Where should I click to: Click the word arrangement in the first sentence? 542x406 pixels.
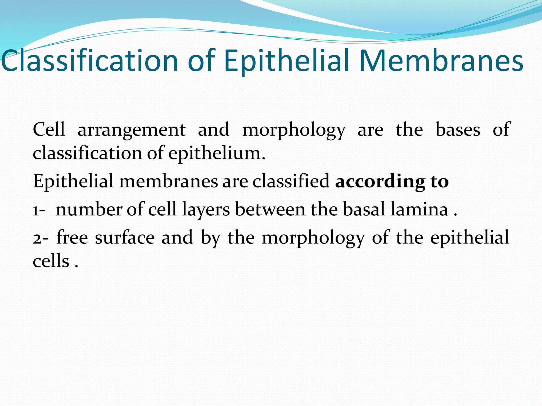pos(132,130)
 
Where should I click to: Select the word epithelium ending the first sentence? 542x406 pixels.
pos(216,153)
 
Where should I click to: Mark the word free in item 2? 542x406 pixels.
pos(72,237)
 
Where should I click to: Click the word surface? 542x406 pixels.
pos(125,237)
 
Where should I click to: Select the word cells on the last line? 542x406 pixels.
pos(51,261)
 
